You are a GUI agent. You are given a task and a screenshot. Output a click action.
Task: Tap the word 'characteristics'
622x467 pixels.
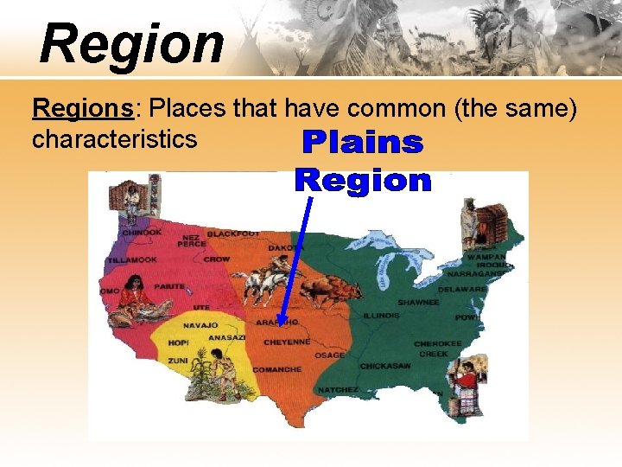pyautogui.click(x=114, y=138)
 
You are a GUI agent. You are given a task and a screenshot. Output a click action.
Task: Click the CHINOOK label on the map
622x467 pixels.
pyautogui.click(x=141, y=232)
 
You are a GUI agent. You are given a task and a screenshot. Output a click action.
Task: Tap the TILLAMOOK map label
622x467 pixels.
pyautogui.click(x=133, y=259)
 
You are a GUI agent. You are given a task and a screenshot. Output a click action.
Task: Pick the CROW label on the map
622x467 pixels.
pyautogui.click(x=216, y=259)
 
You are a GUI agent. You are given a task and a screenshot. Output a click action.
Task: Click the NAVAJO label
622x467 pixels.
pyautogui.click(x=200, y=325)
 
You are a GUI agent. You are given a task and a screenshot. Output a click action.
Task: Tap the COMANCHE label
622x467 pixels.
pyautogui.click(x=276, y=369)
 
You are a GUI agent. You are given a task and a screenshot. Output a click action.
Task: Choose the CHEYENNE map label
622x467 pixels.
pyautogui.click(x=287, y=342)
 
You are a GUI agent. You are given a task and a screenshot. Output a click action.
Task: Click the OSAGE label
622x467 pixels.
pyautogui.click(x=329, y=355)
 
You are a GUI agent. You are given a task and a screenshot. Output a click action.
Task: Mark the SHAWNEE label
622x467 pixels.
pyautogui.click(x=418, y=303)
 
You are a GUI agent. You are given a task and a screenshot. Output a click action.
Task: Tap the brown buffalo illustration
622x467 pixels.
pyautogui.click(x=325, y=291)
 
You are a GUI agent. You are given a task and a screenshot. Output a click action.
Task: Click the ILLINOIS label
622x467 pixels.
pyautogui.click(x=381, y=316)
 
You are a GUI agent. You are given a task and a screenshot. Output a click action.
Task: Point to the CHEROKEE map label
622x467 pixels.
pyautogui.click(x=437, y=343)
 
